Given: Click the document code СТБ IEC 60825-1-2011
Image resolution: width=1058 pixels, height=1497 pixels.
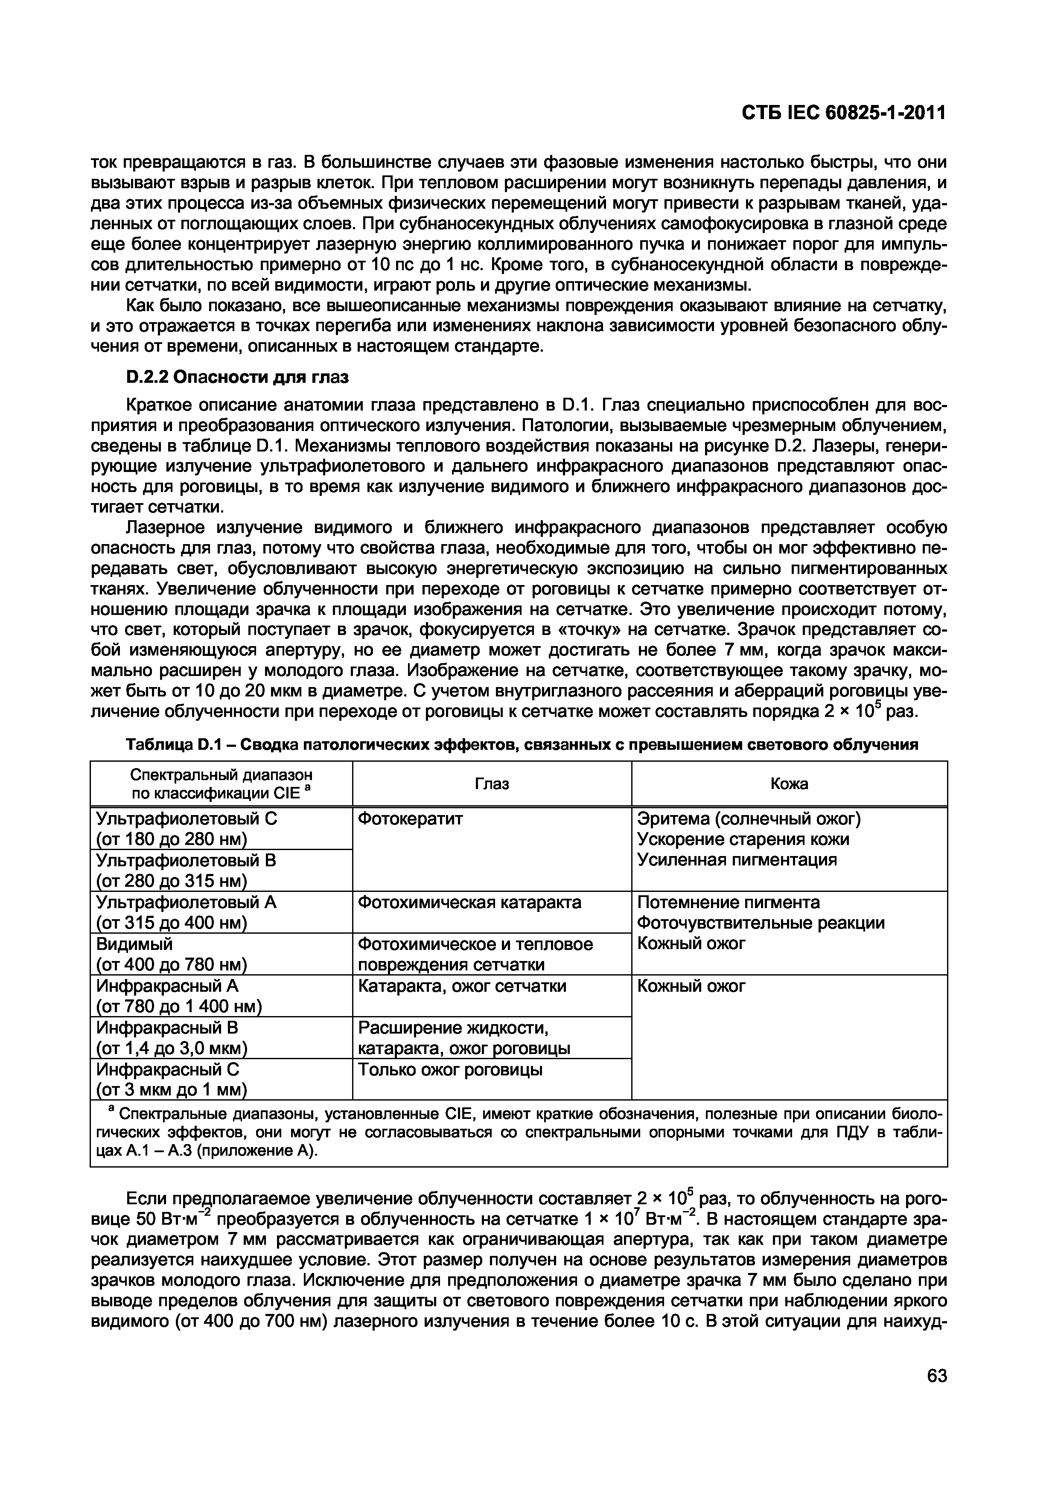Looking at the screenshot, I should pyautogui.click(x=843, y=114).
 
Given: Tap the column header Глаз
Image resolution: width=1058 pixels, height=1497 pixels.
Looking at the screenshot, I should pyautogui.click(x=492, y=784).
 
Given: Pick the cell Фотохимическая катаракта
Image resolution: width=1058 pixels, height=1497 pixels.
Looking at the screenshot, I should pyautogui.click(x=469, y=903).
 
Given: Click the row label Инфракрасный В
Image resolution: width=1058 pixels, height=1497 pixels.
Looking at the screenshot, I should pyautogui.click(x=168, y=1028).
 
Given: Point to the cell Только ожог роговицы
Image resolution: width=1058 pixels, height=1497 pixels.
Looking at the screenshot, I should pyautogui.click(x=450, y=1069).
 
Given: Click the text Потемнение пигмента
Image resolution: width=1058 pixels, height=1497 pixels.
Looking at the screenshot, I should pyautogui.click(x=728, y=903).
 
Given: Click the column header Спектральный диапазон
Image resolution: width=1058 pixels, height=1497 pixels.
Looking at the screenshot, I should pyautogui.click(x=221, y=775).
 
